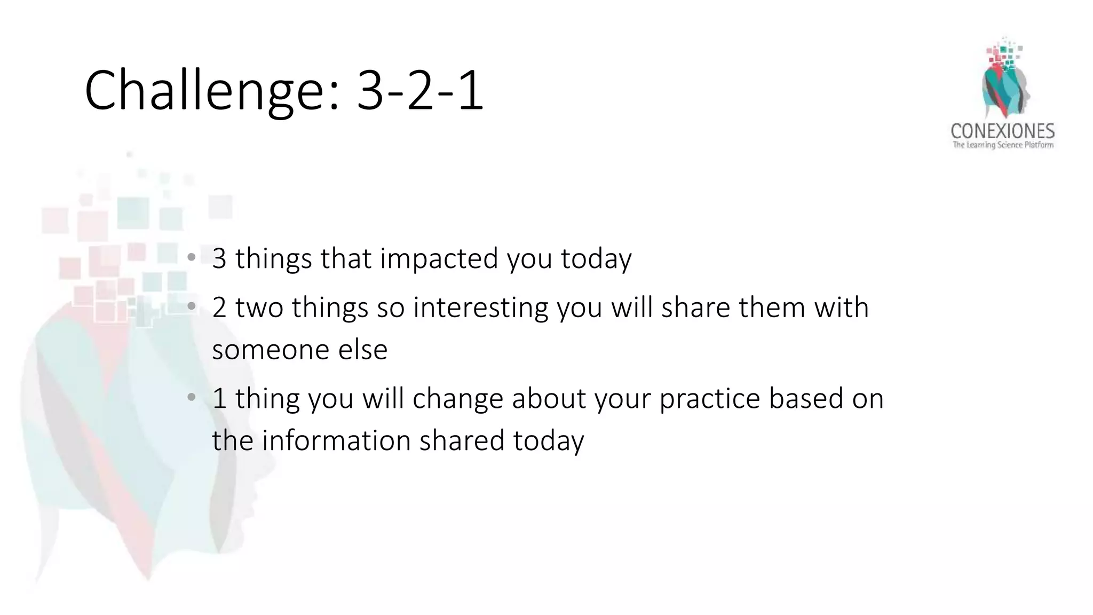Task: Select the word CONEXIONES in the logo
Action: point(1002,131)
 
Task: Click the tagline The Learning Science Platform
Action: point(1003,145)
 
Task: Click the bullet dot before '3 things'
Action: point(191,258)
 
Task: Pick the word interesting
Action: point(480,308)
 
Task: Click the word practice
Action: point(709,399)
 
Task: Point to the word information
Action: point(336,441)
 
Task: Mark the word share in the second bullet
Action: point(695,307)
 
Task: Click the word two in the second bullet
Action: point(259,308)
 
